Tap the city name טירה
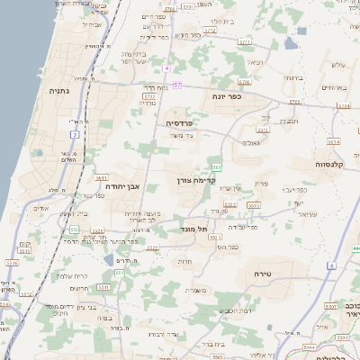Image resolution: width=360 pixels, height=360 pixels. click(270, 272)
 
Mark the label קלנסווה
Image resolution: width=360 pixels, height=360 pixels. click(310, 164)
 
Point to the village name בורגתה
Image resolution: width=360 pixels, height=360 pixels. click(293, 77)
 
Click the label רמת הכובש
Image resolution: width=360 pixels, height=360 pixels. click(238, 310)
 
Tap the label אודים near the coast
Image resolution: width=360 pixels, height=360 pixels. click(40, 208)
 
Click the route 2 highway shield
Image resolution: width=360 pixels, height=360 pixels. click(75, 134)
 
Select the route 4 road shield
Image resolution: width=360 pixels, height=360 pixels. click(166, 68)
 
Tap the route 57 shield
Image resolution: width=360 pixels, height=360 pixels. click(177, 85)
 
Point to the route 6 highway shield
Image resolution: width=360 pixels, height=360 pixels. click(331, 266)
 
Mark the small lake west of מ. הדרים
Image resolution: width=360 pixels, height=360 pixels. click(109, 260)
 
